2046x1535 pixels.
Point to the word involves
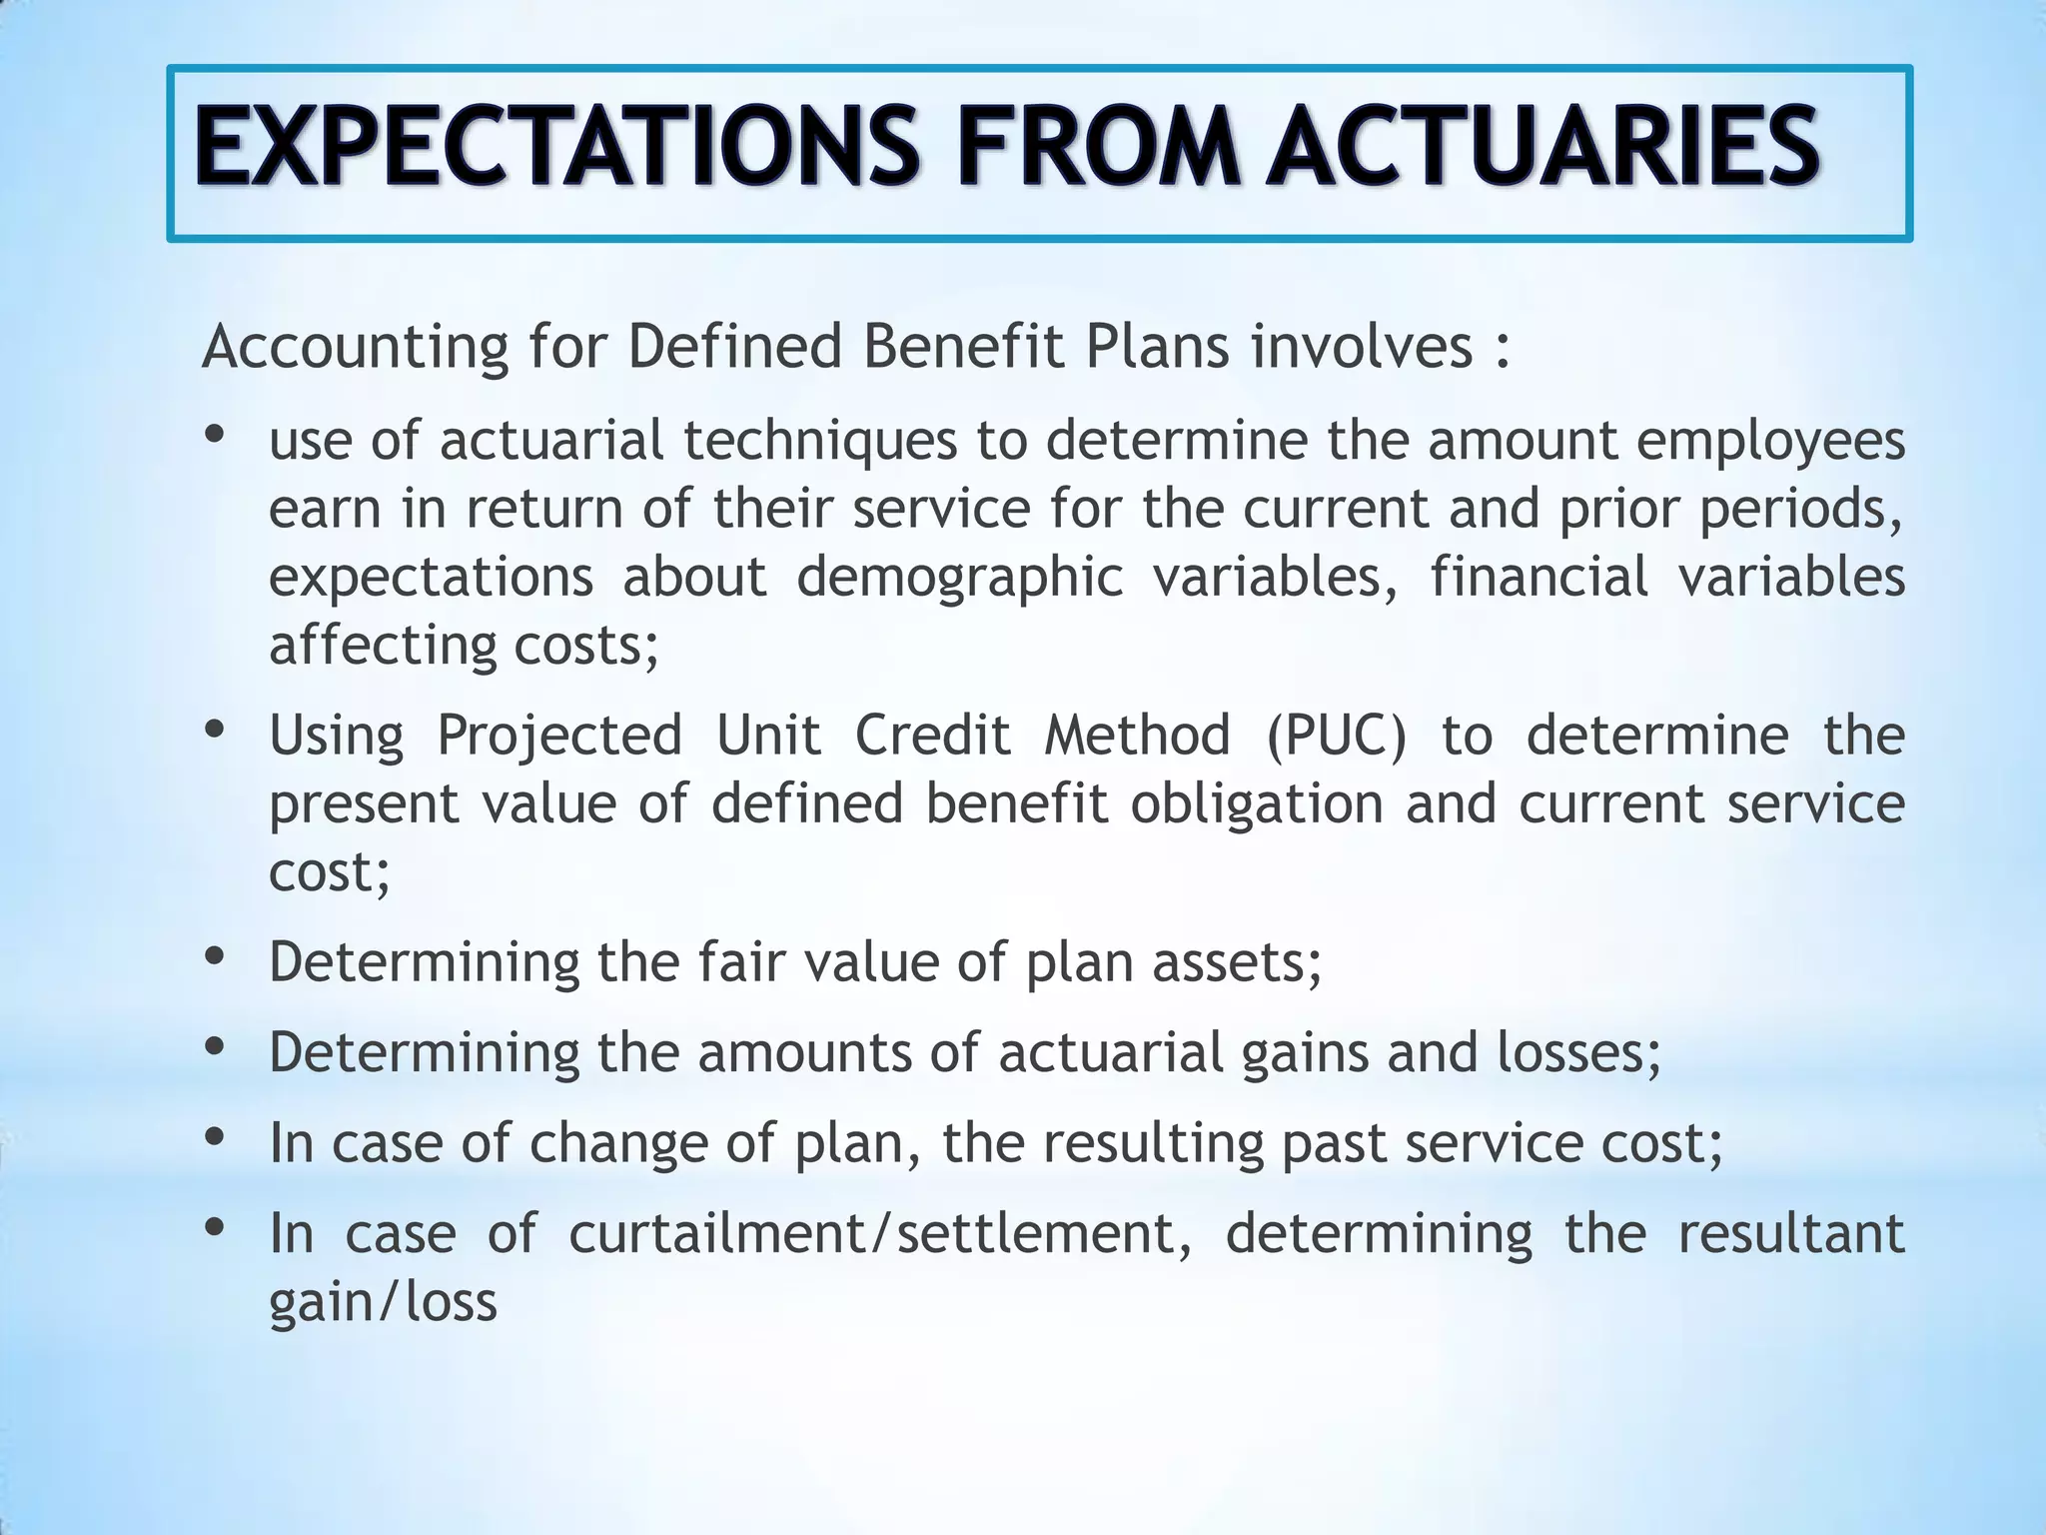coord(1363,347)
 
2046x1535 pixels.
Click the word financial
coord(1538,577)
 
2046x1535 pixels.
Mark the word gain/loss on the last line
coord(383,1302)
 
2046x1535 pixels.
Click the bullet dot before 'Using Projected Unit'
coord(214,730)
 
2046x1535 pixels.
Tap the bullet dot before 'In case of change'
coord(214,1137)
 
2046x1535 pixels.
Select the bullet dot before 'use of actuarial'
coord(214,435)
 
